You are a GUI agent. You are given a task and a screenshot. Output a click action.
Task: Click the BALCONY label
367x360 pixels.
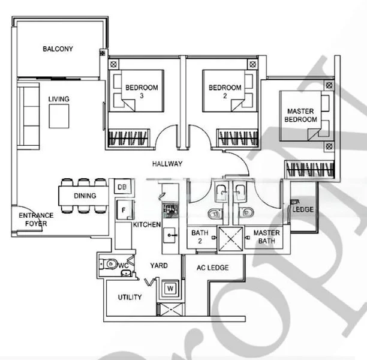tap(58, 49)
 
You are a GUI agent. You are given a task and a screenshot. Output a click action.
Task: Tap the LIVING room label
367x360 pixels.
tap(59, 99)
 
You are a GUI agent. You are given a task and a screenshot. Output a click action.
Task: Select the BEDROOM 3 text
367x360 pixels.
tap(142, 92)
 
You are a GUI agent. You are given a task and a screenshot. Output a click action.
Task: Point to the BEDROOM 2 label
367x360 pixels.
tap(225, 92)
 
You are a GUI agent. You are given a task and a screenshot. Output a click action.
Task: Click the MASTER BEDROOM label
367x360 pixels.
tap(301, 115)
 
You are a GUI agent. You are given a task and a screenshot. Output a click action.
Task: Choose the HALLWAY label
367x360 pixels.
tap(167, 164)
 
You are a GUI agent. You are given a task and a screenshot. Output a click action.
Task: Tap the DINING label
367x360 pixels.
tap(85, 196)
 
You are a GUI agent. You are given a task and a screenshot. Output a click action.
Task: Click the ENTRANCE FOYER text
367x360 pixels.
tap(36, 219)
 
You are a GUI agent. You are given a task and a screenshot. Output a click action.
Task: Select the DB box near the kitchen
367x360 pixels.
tap(122, 188)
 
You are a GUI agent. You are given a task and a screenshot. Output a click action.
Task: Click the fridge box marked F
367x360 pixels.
tap(122, 211)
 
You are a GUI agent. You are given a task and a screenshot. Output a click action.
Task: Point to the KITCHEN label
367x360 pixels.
tap(146, 224)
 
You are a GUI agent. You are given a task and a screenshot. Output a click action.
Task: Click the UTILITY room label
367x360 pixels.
tap(130, 297)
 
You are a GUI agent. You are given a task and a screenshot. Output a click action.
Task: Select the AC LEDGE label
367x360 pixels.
tap(213, 268)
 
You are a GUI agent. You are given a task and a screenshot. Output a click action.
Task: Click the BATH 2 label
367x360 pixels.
tap(199, 236)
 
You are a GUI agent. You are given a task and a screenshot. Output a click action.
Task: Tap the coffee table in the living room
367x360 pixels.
tap(59, 116)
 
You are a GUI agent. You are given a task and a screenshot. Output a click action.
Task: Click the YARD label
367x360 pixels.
tap(159, 265)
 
